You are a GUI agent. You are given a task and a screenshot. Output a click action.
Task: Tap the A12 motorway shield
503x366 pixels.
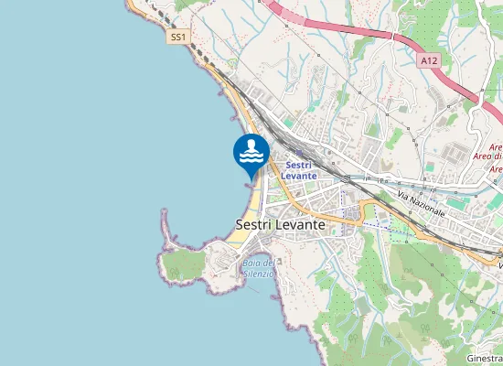coord(430,59)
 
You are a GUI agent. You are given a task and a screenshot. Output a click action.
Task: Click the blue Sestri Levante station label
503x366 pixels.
coord(299,169)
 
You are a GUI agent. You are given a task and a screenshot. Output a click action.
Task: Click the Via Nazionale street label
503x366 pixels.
coord(422,204)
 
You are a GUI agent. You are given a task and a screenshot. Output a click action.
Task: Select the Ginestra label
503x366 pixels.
coord(485,358)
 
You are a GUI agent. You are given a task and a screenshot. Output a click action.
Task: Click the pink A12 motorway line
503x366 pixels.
coord(348,27)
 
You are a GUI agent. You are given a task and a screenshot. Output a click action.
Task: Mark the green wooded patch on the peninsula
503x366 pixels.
coord(186,265)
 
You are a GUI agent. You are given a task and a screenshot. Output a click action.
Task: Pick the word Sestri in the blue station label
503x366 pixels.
coord(299,164)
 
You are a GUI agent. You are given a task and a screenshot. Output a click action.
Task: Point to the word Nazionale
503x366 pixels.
coord(428,207)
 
